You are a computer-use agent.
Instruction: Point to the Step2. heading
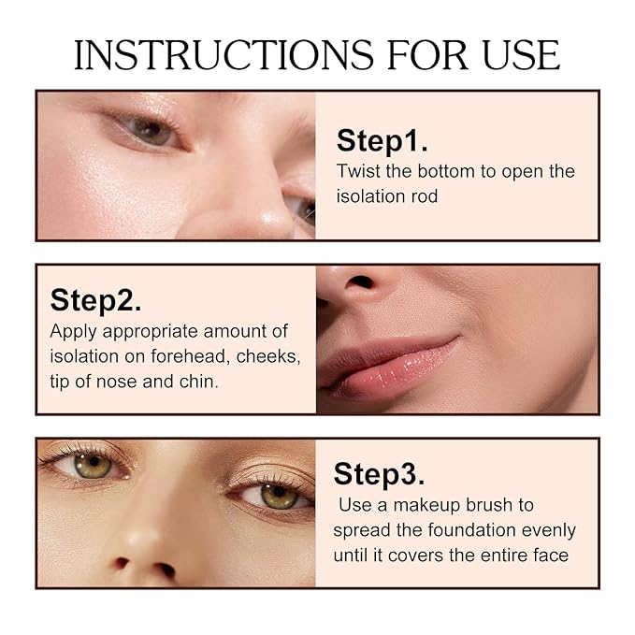pyautogui.click(x=95, y=300)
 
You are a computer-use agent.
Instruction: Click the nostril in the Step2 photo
pyautogui.click(x=360, y=281)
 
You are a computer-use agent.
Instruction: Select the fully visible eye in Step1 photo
pyautogui.click(x=149, y=130)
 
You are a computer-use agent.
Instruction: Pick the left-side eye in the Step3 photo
pyautogui.click(x=92, y=464)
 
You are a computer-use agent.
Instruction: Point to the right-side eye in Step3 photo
pyautogui.click(x=278, y=495)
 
